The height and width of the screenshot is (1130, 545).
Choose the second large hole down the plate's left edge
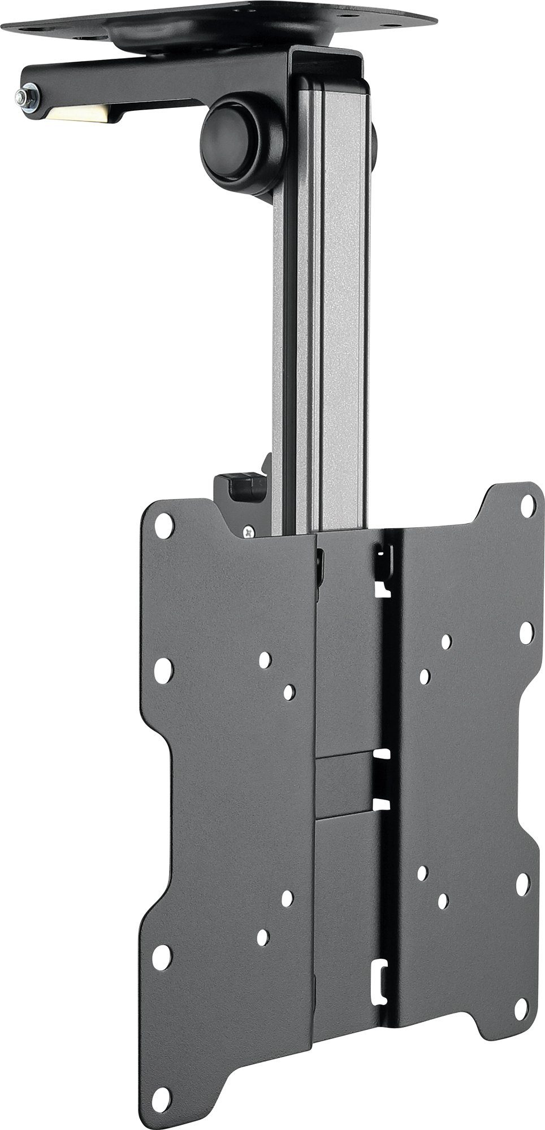click(x=163, y=670)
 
